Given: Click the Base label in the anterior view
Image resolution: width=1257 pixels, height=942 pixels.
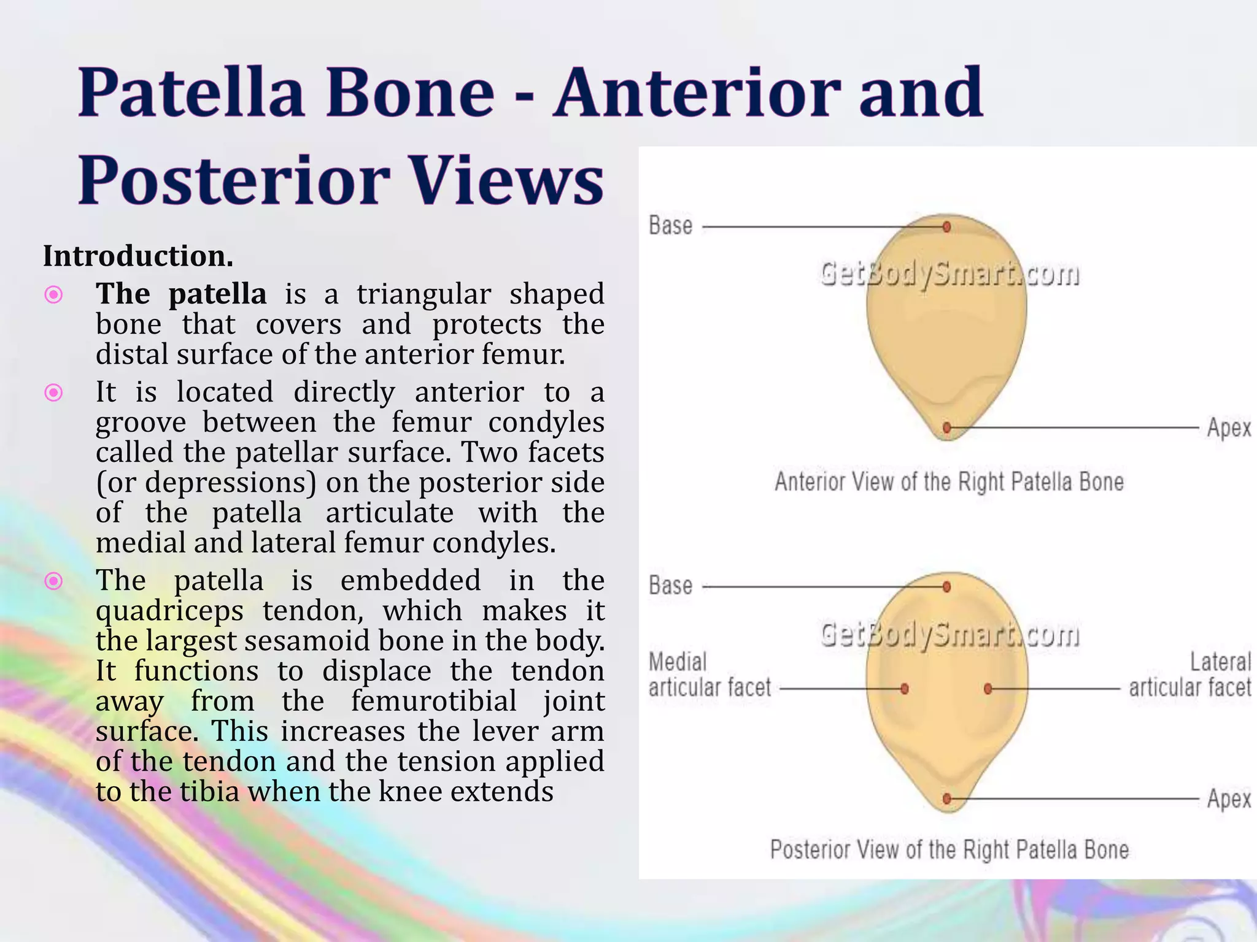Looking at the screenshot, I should click(670, 226).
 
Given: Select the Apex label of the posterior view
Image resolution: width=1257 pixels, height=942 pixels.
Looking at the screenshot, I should click(1228, 799).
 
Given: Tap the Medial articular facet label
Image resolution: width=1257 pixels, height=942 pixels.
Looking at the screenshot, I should click(709, 675).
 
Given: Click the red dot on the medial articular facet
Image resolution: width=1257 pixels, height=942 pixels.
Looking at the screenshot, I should click(904, 689).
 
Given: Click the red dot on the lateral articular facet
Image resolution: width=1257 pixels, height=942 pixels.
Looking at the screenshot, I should click(988, 689).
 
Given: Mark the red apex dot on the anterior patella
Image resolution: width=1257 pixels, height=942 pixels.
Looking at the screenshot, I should click(947, 427).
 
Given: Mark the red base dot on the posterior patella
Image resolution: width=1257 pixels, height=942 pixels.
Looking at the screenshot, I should click(947, 587).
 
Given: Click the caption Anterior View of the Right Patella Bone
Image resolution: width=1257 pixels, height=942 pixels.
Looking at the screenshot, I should click(949, 482).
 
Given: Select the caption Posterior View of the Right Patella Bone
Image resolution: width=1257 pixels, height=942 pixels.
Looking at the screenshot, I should click(949, 850).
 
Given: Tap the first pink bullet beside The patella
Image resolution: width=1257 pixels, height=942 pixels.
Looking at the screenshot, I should click(54, 296).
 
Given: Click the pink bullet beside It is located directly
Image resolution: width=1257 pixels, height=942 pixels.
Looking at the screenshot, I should click(54, 392).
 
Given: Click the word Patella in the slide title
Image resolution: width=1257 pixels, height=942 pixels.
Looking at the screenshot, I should click(191, 93).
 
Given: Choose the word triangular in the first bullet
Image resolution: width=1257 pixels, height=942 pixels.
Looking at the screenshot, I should click(424, 294).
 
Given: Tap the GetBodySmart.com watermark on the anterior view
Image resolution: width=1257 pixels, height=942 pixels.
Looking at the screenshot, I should click(949, 274).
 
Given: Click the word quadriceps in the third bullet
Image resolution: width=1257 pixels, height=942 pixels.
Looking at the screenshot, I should click(169, 611).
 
